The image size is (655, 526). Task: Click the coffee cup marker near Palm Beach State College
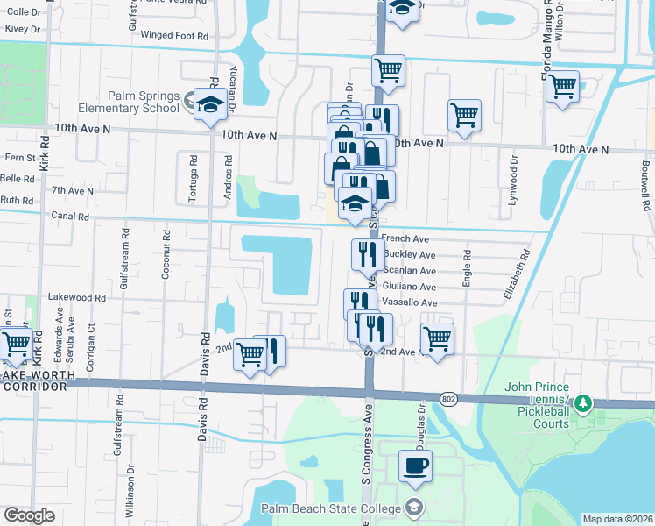click(x=415, y=465)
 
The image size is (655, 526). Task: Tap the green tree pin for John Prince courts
click(x=591, y=403)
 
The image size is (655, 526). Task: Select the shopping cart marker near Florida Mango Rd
click(x=563, y=87)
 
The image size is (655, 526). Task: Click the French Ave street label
click(x=405, y=238)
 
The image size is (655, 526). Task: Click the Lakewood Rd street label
click(x=76, y=298)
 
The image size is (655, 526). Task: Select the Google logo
click(x=29, y=515)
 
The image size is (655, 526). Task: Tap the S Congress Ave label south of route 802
click(x=368, y=450)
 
